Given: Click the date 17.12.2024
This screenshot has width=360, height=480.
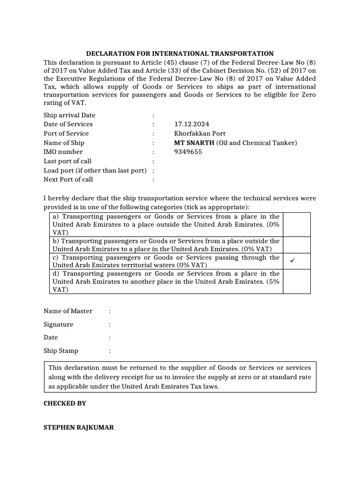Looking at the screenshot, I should (x=191, y=124).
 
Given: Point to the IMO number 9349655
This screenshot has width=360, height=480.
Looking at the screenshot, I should (x=187, y=152).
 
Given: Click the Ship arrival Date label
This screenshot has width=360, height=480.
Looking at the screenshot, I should (x=69, y=115).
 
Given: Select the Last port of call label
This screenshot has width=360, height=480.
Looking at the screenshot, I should (x=67, y=161).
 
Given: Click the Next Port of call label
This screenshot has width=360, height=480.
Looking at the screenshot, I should (x=68, y=179).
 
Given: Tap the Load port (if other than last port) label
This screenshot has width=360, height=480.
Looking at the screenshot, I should (x=95, y=170).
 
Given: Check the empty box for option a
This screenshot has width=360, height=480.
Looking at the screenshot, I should (x=297, y=225).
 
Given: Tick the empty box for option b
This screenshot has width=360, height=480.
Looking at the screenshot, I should (x=297, y=245).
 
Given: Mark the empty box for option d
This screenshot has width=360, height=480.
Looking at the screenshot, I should (x=297, y=281).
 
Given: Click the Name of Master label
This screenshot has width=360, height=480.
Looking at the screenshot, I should (x=68, y=311).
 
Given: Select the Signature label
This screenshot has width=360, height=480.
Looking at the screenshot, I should (x=59, y=324).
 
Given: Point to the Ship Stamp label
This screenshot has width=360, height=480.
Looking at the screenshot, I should (x=61, y=351).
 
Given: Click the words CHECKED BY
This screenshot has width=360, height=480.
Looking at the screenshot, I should (x=65, y=403).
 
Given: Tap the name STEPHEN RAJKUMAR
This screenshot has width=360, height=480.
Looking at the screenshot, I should (x=78, y=428).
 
